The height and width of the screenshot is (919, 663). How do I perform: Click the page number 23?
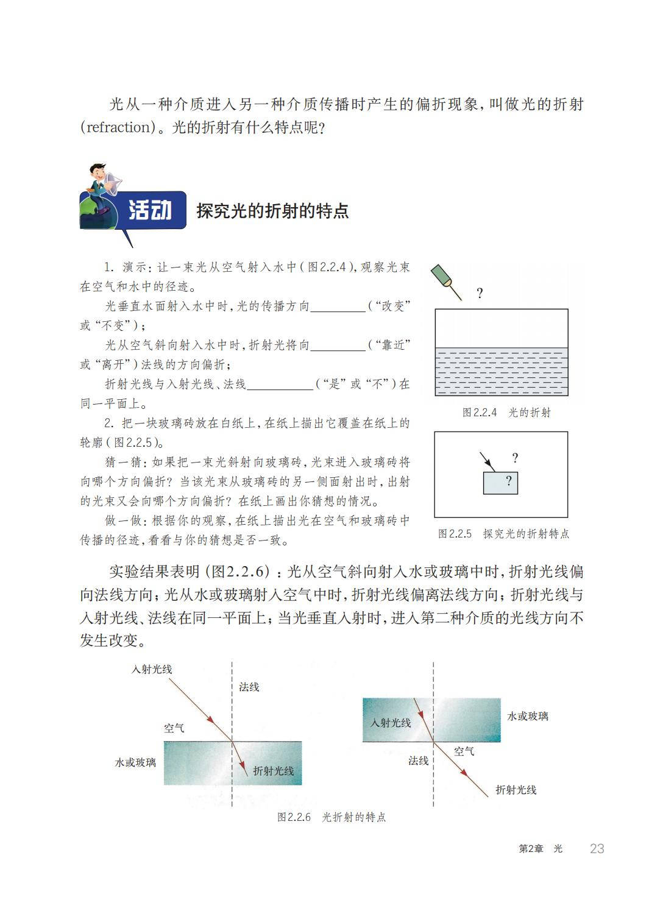(597, 848)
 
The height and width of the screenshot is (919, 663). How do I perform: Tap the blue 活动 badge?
(149, 210)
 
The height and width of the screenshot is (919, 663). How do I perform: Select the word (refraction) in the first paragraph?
(119, 127)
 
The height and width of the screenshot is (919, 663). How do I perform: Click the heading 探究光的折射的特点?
(272, 211)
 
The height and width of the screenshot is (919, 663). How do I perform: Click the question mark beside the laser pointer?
(480, 293)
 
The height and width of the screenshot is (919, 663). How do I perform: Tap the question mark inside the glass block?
(508, 481)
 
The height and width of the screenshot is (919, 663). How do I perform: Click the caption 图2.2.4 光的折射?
(506, 413)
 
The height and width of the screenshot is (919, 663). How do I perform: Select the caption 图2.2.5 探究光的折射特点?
(503, 534)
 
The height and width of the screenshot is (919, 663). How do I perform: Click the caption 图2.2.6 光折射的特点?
(331, 817)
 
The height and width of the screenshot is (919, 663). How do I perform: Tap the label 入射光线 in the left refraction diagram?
(152, 669)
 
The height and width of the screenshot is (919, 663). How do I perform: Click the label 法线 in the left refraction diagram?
(249, 687)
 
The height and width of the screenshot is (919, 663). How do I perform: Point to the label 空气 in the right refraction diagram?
(464, 751)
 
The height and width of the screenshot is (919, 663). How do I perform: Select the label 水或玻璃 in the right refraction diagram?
(528, 716)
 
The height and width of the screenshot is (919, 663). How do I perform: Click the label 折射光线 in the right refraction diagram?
(516, 790)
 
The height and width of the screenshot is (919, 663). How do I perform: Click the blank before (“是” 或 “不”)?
(281, 385)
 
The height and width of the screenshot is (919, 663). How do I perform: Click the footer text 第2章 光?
(541, 849)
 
